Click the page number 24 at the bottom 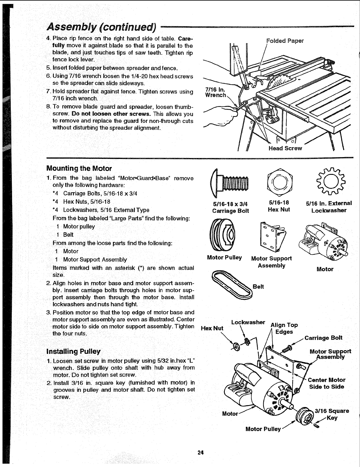201,453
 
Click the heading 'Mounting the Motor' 79,169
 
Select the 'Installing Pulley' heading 73,351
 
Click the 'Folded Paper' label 285,41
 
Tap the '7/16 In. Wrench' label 215,92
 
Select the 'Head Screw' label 285,148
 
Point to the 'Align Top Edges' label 284,328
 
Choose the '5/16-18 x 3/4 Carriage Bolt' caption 230,207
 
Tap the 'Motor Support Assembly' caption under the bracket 271,262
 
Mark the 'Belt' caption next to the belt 258,287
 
